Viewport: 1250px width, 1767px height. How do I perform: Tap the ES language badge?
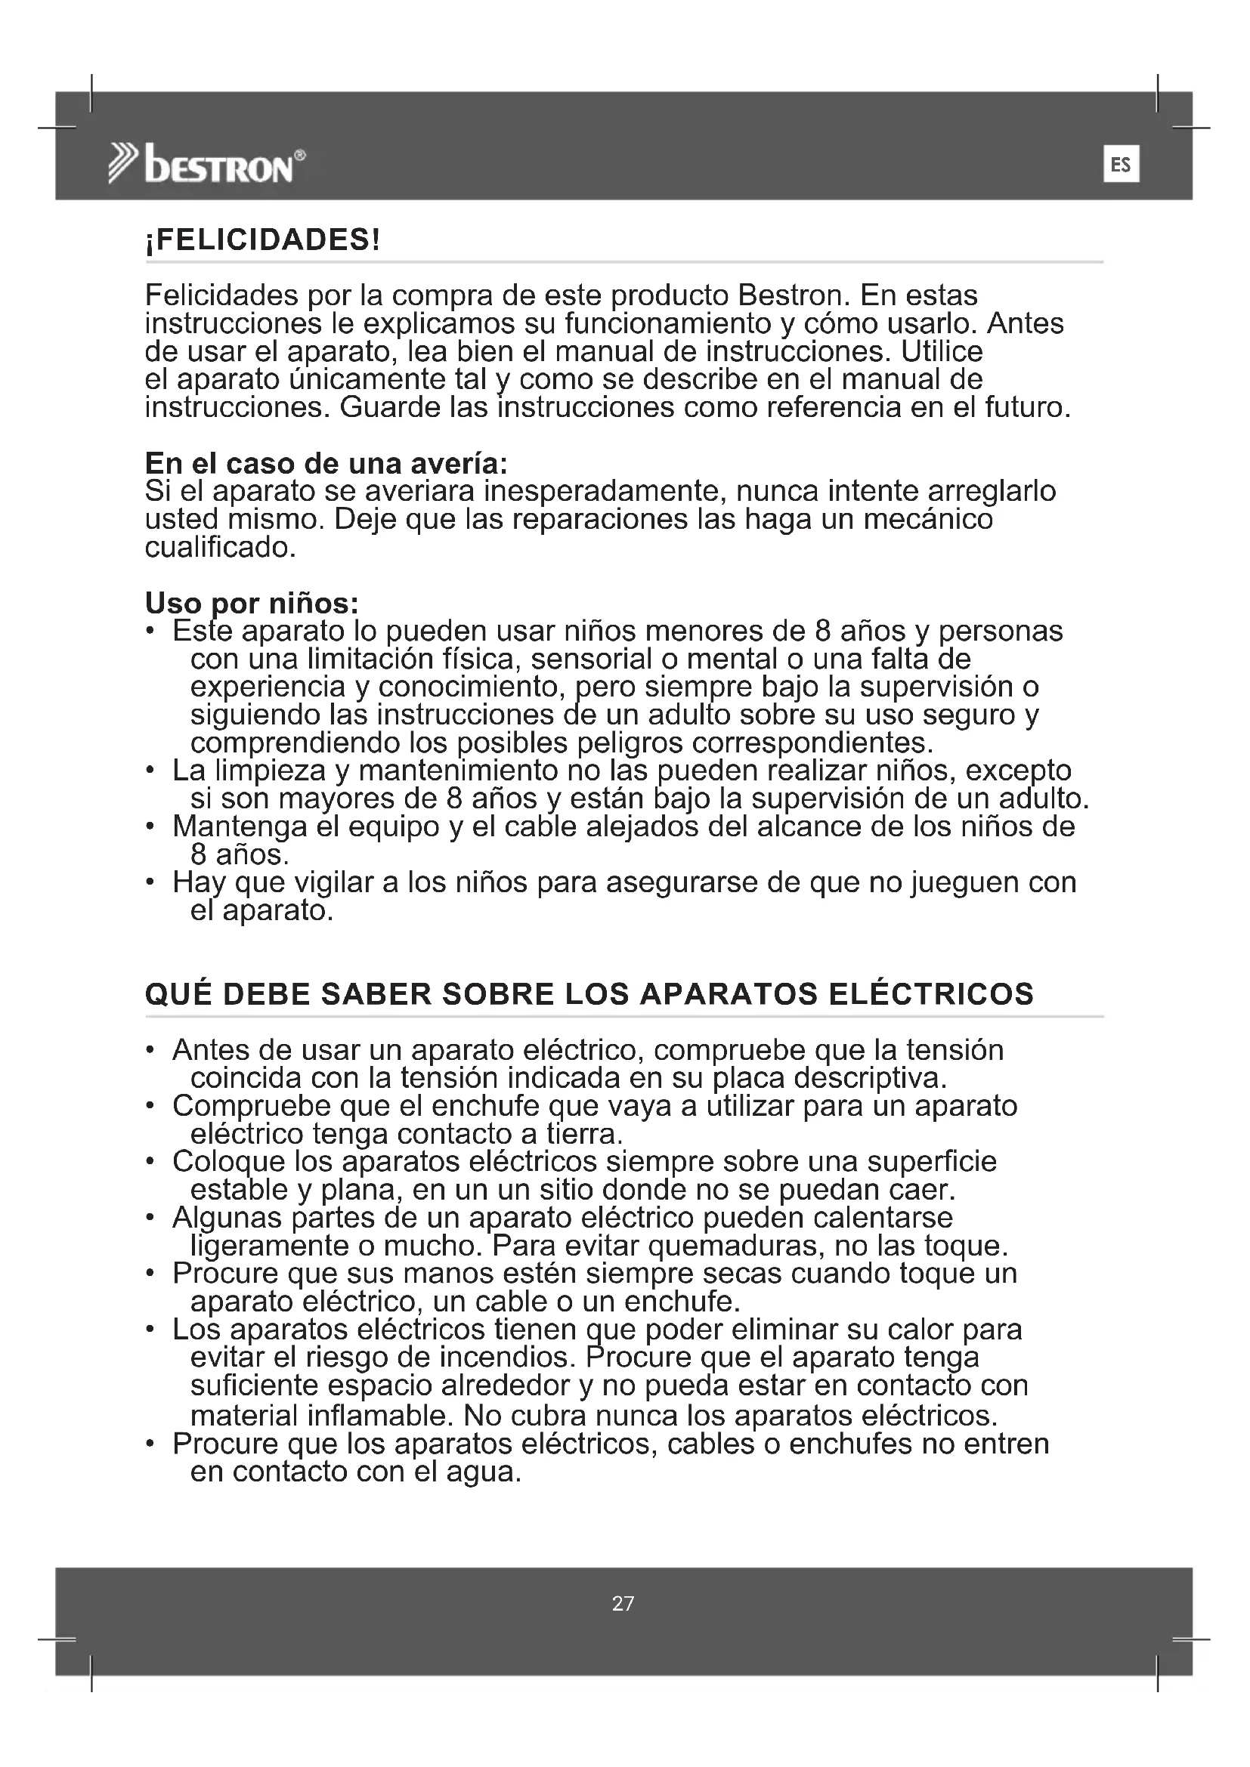point(1121,164)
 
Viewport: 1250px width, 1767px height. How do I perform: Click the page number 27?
point(623,1603)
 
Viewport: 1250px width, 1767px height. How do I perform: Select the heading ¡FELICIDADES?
point(262,240)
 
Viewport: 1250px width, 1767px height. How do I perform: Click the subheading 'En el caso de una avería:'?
point(326,463)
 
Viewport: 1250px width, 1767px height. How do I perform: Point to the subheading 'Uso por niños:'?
point(252,603)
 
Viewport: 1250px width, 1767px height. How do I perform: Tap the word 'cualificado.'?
point(220,547)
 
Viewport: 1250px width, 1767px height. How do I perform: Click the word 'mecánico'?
point(927,520)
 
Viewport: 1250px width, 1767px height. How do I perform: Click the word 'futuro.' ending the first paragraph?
point(1029,407)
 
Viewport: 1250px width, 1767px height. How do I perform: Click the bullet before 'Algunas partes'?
point(151,1219)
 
